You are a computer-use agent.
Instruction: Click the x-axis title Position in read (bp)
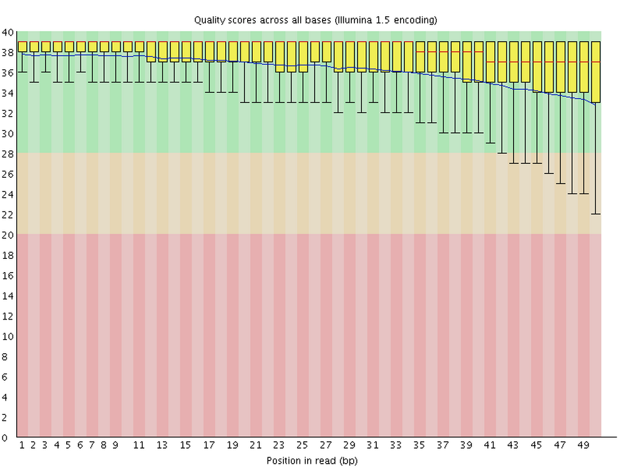click(312, 461)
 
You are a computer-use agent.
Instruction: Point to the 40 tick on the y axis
click(8, 32)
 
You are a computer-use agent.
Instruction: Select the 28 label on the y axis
click(8, 154)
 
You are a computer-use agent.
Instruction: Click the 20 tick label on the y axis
click(8, 235)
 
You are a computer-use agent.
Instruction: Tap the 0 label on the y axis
click(11, 437)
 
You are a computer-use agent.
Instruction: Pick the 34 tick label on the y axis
click(8, 93)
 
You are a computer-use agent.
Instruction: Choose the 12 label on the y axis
click(8, 316)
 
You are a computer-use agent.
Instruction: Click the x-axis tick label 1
click(22, 446)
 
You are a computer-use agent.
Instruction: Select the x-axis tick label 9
click(115, 446)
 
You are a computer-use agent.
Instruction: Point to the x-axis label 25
click(303, 446)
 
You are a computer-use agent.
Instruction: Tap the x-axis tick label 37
click(443, 446)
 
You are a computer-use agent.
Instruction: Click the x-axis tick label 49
click(583, 446)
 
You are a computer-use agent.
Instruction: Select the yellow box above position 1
click(22, 47)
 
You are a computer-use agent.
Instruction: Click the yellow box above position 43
click(514, 62)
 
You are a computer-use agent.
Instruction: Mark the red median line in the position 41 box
click(490, 62)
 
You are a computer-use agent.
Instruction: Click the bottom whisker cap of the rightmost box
click(595, 214)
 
